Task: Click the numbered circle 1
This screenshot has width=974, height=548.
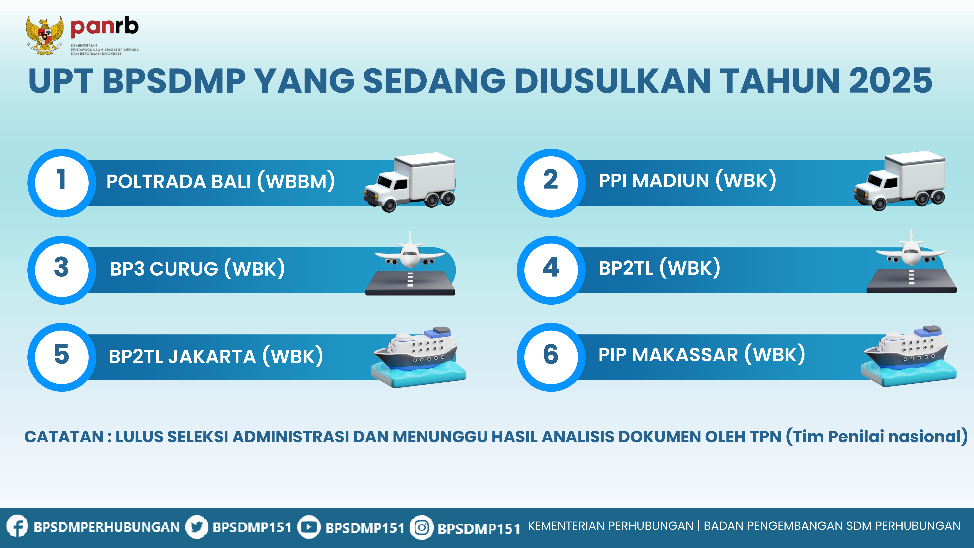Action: click(62, 183)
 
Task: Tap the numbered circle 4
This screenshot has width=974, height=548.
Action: click(551, 270)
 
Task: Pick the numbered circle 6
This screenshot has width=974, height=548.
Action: click(551, 357)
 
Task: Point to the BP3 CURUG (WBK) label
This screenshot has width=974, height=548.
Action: click(197, 269)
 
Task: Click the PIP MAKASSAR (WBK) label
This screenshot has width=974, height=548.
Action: click(702, 355)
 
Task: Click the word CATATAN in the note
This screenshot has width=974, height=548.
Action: click(64, 437)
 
